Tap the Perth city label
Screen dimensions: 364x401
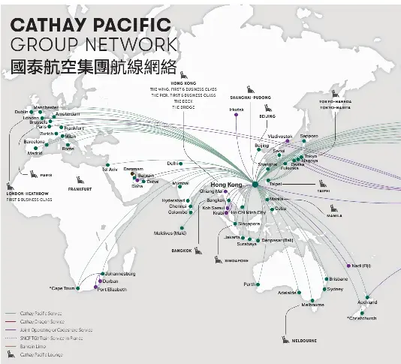tap(250, 285)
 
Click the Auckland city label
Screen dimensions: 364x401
tap(367, 302)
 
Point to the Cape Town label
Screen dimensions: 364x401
tap(64, 287)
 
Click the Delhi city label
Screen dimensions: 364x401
tap(173, 163)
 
